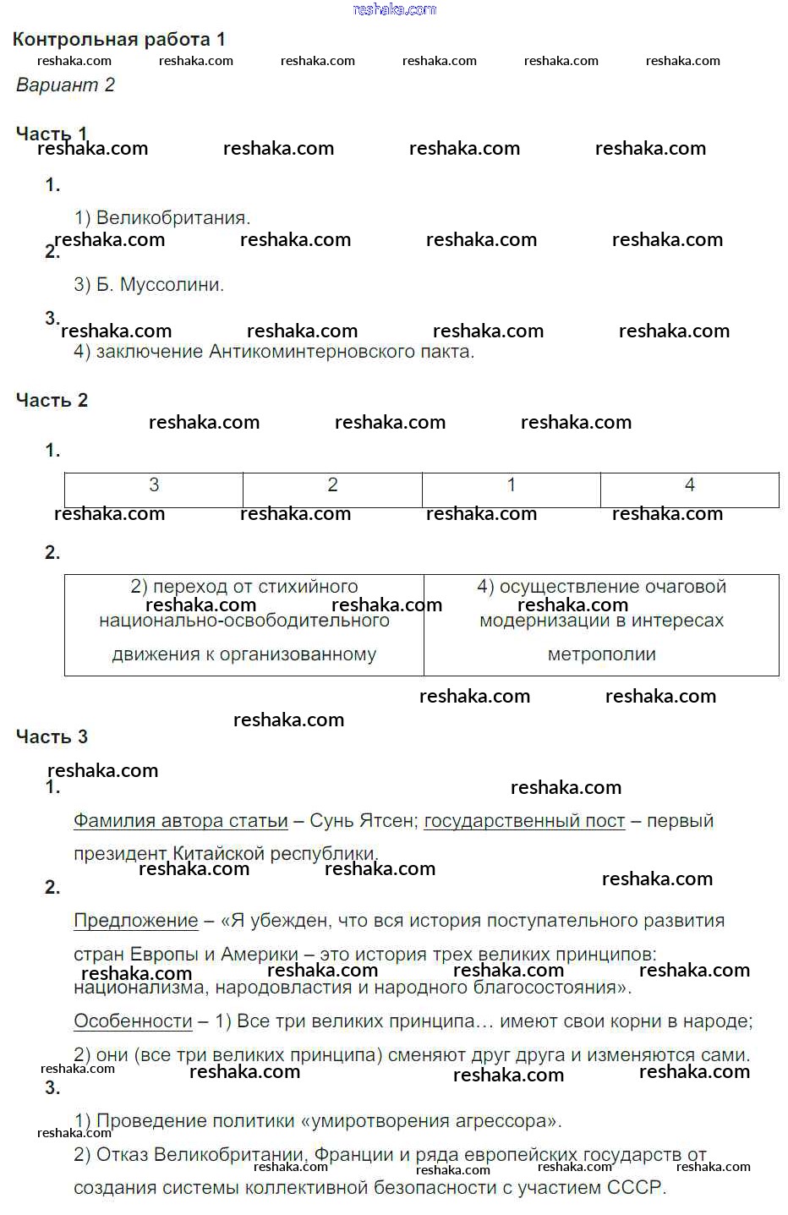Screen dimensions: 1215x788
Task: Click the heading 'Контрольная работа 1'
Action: pyautogui.click(x=119, y=39)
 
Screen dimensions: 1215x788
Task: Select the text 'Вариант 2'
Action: pyautogui.click(x=65, y=85)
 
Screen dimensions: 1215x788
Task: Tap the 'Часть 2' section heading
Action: pyautogui.click(x=52, y=400)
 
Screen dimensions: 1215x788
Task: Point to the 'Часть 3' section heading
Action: pyautogui.click(x=52, y=736)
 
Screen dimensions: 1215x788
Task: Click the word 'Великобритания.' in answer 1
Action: pyautogui.click(x=173, y=218)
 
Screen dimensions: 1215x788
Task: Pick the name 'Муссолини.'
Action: pyautogui.click(x=172, y=285)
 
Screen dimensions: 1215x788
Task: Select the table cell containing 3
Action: pyautogui.click(x=154, y=485)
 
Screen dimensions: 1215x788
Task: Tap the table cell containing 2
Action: pyautogui.click(x=332, y=485)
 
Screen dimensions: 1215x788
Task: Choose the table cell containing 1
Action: pyautogui.click(x=511, y=485)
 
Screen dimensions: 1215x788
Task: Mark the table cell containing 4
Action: pyautogui.click(x=689, y=485)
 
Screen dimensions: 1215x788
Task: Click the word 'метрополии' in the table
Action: pyautogui.click(x=601, y=654)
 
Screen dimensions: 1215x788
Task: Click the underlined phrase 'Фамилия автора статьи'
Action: pyautogui.click(x=181, y=821)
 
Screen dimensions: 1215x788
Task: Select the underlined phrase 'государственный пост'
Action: pyautogui.click(x=524, y=821)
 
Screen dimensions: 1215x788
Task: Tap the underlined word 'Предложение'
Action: pyautogui.click(x=136, y=921)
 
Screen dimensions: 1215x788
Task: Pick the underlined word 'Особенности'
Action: pyautogui.click(x=133, y=1021)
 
